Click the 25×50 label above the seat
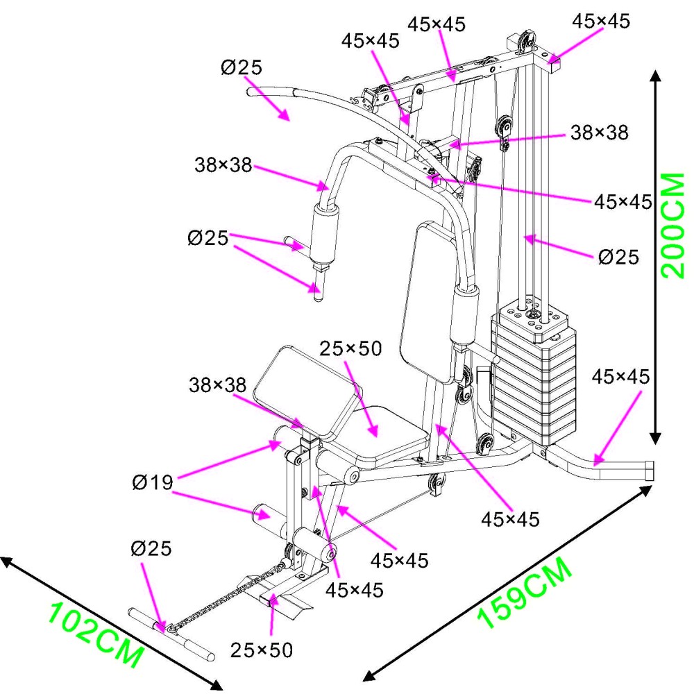point(350,349)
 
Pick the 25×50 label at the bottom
point(262,650)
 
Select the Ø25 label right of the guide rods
point(618,257)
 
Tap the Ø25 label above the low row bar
point(151,549)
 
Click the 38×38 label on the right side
point(600,132)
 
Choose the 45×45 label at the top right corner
point(600,21)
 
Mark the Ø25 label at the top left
point(242,68)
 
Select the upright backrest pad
point(430,298)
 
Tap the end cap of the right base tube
point(649,471)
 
